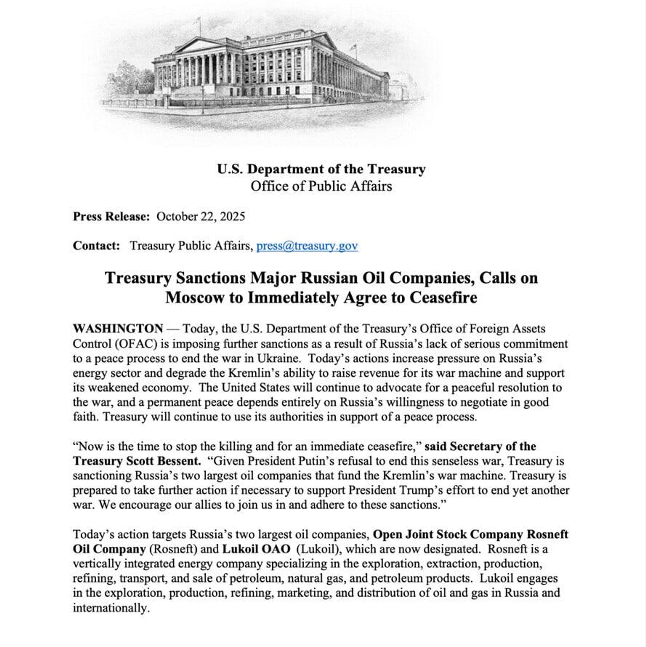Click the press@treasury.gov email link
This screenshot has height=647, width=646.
[307, 246]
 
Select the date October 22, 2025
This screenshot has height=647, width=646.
[201, 216]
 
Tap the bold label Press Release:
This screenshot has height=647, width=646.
[111, 216]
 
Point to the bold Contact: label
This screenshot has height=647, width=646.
[96, 246]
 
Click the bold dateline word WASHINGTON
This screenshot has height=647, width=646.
[118, 329]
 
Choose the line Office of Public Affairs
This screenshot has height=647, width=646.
[321, 186]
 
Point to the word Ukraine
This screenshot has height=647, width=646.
[278, 358]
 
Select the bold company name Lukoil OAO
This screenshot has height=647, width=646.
[256, 549]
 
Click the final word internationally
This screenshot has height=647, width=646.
[111, 608]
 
